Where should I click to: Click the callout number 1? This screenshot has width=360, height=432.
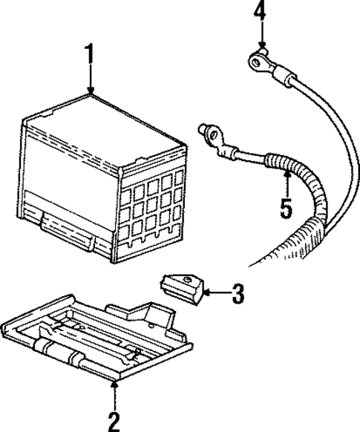pyautogui.click(x=90, y=55)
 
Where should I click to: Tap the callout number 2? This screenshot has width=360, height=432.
pyautogui.click(x=114, y=421)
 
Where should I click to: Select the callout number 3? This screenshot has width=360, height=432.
pyautogui.click(x=237, y=294)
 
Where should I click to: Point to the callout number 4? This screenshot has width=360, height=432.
pyautogui.click(x=258, y=11)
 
